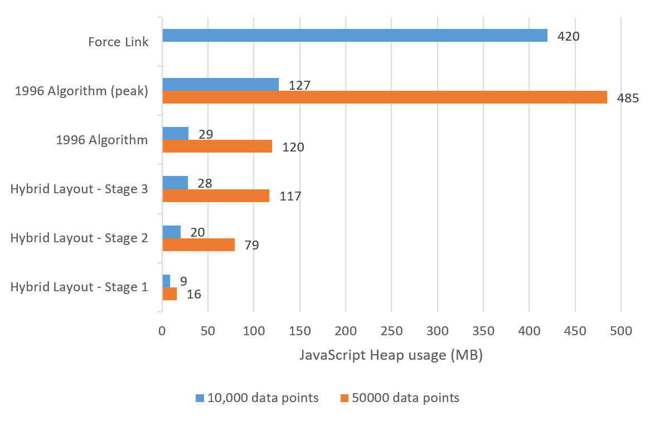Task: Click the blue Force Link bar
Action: pos(355,36)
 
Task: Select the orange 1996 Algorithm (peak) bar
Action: pos(385,97)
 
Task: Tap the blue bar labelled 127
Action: pos(220,84)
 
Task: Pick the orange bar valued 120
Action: pos(217,146)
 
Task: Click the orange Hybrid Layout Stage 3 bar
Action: pos(216,195)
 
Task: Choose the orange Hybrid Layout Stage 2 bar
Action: pos(198,244)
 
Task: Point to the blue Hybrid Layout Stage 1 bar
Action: pos(166,281)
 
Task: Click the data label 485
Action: pos(628,99)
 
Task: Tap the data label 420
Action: pos(569,37)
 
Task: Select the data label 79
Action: pos(251,245)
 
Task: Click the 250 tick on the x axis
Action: pos(391,331)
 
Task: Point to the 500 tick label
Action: pos(620,331)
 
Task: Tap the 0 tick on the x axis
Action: pos(162,331)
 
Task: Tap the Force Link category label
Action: pos(119,42)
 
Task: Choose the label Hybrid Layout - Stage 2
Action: pos(79,238)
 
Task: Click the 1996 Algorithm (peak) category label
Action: pos(81,91)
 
